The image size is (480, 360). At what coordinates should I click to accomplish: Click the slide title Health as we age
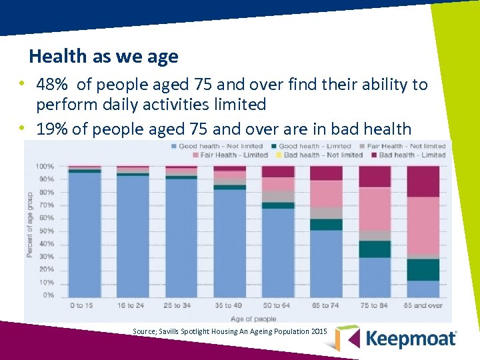pos(103,57)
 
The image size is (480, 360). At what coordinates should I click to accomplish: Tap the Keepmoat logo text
pos(411,338)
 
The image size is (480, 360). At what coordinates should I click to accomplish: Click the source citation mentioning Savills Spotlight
pos(230,331)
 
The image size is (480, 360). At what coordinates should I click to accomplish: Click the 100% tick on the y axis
pos(45,166)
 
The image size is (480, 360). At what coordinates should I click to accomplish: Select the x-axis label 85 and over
pos(423,305)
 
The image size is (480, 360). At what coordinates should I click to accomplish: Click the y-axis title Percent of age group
pos(30,225)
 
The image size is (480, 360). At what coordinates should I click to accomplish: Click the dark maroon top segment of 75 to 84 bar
pos(375,177)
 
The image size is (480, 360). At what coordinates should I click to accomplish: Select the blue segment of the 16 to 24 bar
pos(133,236)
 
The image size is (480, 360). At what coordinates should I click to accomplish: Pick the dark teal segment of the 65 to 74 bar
pos(326,225)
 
